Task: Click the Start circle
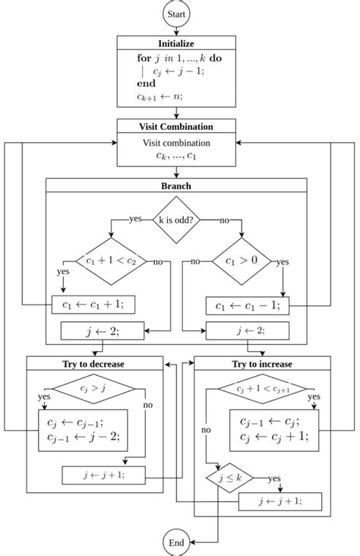(x=176, y=14)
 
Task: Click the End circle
(x=176, y=542)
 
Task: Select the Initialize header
(x=176, y=43)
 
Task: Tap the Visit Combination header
(x=176, y=126)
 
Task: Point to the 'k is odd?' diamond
(x=176, y=220)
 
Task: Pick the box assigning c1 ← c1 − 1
(x=248, y=305)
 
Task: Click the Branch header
(x=176, y=185)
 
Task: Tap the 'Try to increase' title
(x=262, y=364)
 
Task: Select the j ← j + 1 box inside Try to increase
(x=280, y=502)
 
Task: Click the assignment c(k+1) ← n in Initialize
(x=153, y=96)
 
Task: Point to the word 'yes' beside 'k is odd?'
(x=136, y=219)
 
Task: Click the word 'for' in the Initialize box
(x=145, y=57)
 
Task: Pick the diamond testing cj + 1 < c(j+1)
(x=262, y=390)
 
